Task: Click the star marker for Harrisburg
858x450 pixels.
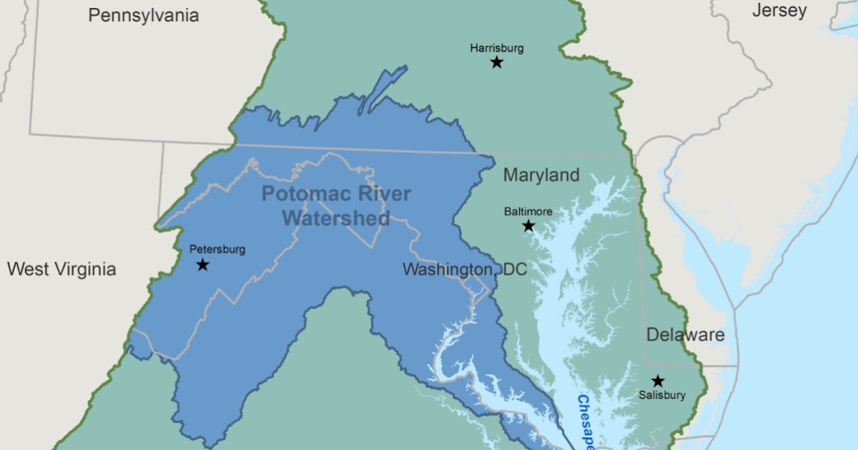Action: pyautogui.click(x=497, y=63)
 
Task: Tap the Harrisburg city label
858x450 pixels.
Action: pyautogui.click(x=497, y=49)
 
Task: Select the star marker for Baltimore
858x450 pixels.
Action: pyautogui.click(x=528, y=226)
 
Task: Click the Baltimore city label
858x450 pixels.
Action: pyautogui.click(x=528, y=211)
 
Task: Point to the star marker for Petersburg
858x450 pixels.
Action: pyautogui.click(x=202, y=265)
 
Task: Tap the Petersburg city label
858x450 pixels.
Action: pyautogui.click(x=217, y=249)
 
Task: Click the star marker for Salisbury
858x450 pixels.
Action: pyautogui.click(x=658, y=381)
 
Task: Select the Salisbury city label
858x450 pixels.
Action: pyautogui.click(x=663, y=395)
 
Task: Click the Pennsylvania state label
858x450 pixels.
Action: pyautogui.click(x=144, y=16)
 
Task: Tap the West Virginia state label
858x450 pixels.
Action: pyautogui.click(x=61, y=269)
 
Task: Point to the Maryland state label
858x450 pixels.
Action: pyautogui.click(x=541, y=175)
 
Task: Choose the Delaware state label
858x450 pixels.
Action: pyautogui.click(x=685, y=334)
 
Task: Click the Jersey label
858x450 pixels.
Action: pyautogui.click(x=779, y=11)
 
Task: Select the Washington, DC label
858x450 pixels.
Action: pyautogui.click(x=464, y=270)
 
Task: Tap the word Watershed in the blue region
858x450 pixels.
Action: pyautogui.click(x=336, y=218)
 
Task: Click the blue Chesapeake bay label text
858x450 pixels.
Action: pyautogui.click(x=586, y=421)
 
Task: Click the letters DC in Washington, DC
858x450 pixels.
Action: pyautogui.click(x=513, y=270)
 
